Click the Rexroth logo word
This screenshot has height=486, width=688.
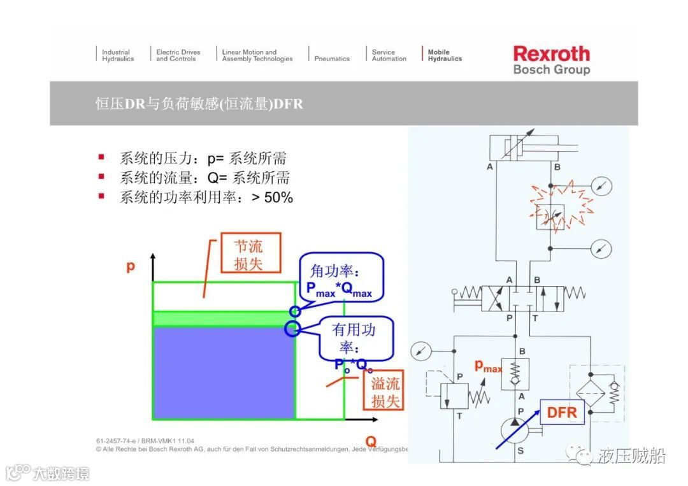point(551,54)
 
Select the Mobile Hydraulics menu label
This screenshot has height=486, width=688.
point(445,55)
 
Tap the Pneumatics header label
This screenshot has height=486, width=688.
point(332,59)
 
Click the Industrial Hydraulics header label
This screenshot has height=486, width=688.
point(118,55)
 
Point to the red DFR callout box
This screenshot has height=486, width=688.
point(561,412)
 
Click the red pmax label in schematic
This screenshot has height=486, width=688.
point(489,366)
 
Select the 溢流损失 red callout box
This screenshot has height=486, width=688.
point(385,392)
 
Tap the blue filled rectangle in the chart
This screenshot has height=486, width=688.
point(223,372)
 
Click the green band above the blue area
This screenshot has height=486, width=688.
point(223,318)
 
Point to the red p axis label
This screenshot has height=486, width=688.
point(131,266)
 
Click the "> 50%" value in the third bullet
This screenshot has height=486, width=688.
point(272,197)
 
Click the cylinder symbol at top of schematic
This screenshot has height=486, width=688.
point(523,147)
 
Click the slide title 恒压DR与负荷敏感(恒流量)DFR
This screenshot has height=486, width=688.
point(199,103)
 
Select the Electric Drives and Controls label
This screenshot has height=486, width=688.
point(178,55)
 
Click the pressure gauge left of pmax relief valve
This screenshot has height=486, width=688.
point(421,350)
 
